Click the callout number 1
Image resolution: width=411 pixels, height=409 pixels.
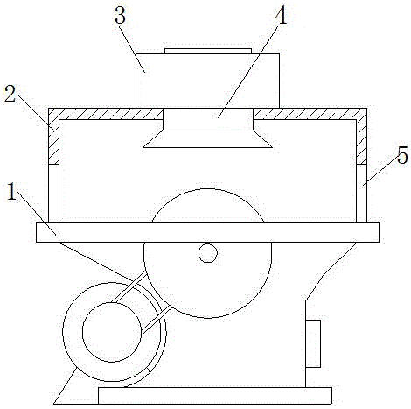pos(11,192)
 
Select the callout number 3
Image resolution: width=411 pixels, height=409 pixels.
pos(120,15)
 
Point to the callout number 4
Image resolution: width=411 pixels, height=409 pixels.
pos(281,15)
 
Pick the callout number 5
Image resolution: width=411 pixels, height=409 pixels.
pos(402,155)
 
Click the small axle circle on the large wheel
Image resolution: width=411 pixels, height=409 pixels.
pos(208,253)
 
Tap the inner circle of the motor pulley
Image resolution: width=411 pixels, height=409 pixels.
pos(112,332)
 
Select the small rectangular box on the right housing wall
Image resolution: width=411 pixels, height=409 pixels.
pos(313,343)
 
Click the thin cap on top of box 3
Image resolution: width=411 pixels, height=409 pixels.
pos(208,52)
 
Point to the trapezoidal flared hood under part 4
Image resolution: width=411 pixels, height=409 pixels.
pos(207,139)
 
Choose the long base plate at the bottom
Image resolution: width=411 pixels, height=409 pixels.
pos(215,396)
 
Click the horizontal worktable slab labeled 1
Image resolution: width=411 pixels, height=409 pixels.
pos(207,232)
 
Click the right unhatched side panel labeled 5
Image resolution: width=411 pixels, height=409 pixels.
pos(361,194)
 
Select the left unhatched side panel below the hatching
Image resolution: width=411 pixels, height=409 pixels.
pos(53,194)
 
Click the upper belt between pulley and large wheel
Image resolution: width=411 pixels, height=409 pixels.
pos(129,286)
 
